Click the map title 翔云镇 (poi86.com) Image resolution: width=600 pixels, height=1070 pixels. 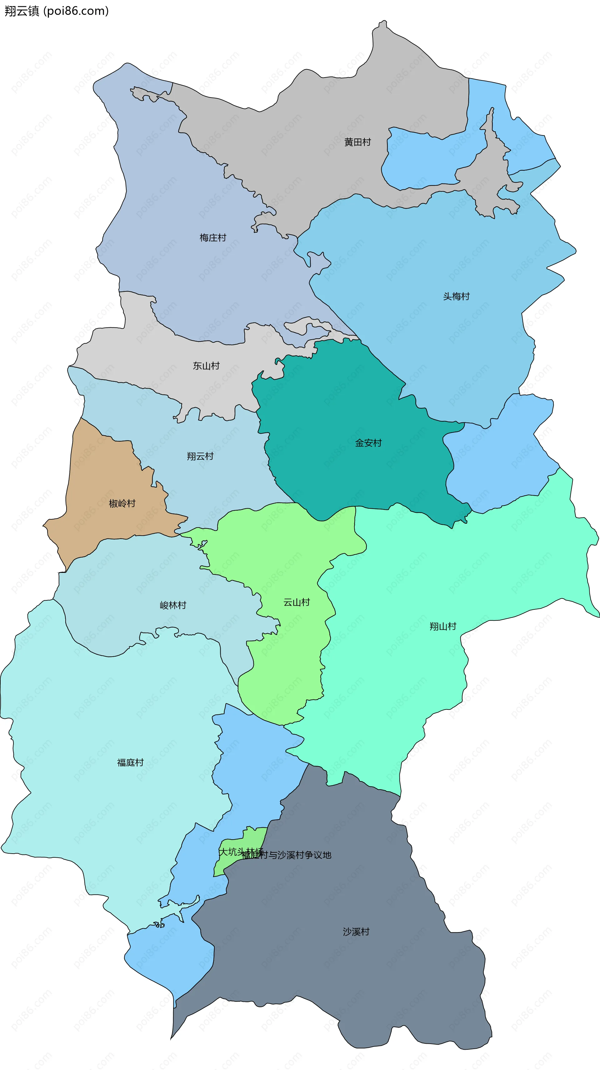57,11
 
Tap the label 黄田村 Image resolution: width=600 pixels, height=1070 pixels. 357,142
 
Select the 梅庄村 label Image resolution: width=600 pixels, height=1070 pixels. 212,238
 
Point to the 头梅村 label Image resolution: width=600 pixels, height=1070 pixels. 456,296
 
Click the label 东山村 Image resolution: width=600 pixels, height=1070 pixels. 206,366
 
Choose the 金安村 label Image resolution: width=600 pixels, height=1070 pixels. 368,443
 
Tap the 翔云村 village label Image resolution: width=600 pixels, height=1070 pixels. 200,456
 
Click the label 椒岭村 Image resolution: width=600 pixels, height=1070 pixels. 122,503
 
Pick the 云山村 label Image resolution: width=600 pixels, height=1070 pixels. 297,602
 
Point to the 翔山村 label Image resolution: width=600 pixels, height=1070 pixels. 442,626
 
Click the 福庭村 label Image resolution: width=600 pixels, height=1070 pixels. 130,762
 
